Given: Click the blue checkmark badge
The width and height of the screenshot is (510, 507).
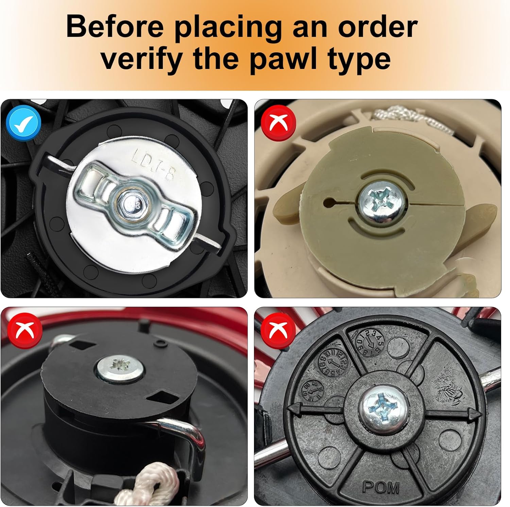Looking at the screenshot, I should [x=23, y=124].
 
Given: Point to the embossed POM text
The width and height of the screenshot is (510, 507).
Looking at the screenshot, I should [x=381, y=487].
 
